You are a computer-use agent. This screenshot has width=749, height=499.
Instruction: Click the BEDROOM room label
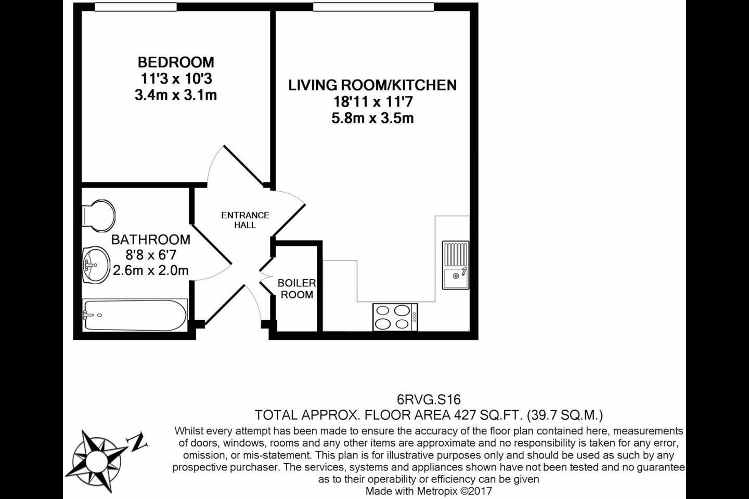point(176,62)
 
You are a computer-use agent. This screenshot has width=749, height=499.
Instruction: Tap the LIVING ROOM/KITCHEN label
point(372,85)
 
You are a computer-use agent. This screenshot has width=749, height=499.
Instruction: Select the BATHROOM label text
point(151,240)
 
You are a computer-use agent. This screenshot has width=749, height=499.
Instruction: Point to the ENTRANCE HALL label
point(245,220)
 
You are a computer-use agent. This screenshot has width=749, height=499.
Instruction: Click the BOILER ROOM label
point(297,289)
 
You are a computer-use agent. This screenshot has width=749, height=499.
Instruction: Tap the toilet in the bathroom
point(99,216)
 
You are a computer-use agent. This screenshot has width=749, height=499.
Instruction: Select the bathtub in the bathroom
point(135,315)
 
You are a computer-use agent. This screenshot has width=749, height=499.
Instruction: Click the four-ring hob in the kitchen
point(395,317)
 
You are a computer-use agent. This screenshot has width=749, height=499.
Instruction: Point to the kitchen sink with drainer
point(456,265)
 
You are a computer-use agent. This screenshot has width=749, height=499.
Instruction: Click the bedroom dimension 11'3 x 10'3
point(176,79)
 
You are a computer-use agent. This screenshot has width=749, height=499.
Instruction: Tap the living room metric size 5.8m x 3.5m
point(373,119)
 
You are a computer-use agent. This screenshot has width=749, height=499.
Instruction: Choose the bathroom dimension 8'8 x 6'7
point(151,255)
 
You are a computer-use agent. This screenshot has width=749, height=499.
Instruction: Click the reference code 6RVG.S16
point(429,399)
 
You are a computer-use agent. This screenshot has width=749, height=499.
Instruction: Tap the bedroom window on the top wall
point(136,7)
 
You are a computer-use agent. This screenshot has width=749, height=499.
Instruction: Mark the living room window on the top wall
point(373,7)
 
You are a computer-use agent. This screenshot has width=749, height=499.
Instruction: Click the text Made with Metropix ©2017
point(429,491)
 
